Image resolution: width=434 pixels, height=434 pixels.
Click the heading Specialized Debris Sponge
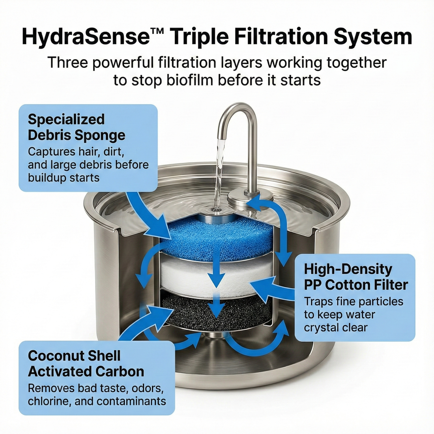point(77,127)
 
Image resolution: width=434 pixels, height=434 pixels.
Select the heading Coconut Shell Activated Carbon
point(86,363)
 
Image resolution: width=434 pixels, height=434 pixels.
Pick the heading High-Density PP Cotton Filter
point(356,277)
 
